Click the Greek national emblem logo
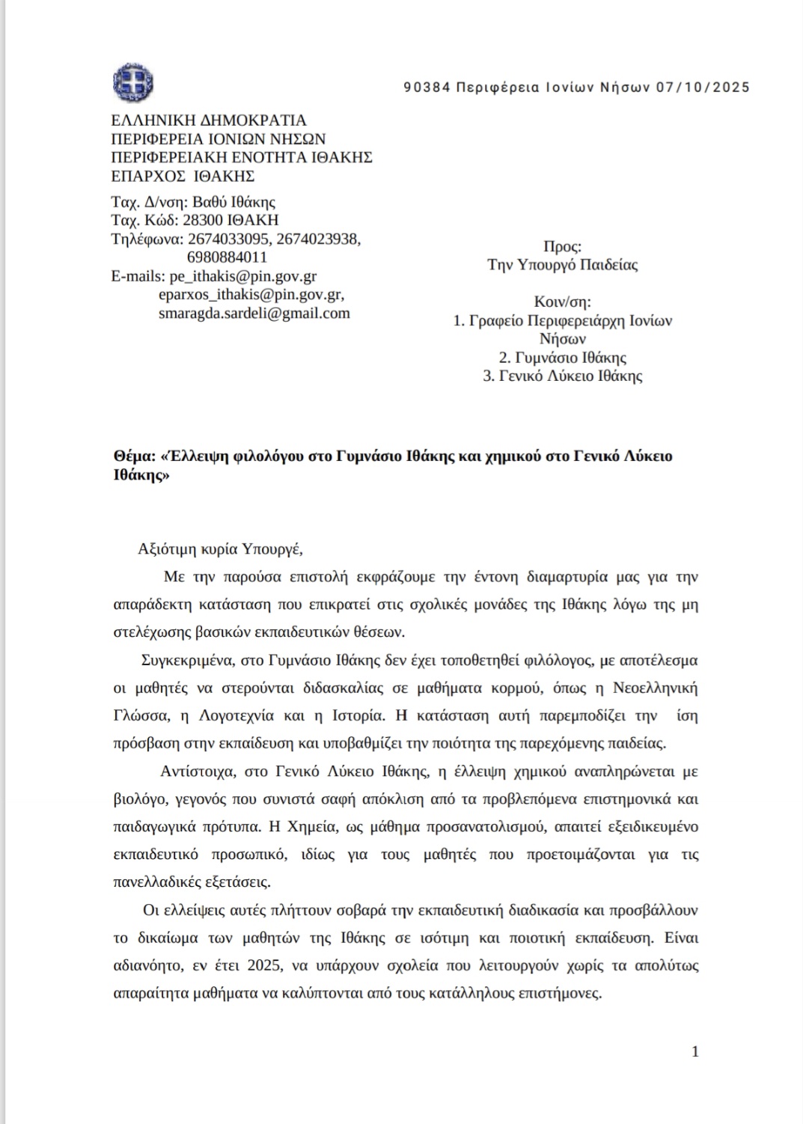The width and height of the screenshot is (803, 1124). (133, 82)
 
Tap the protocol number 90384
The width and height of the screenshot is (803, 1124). (427, 88)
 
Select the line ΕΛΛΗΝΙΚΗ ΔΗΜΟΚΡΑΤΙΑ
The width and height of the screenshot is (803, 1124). (209, 120)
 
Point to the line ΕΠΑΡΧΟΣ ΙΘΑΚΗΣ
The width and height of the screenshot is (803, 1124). (183, 177)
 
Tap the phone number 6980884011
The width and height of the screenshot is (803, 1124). (227, 257)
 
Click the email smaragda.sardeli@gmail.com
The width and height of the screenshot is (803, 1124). (254, 314)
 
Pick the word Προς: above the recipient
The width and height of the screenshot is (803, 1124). (562, 246)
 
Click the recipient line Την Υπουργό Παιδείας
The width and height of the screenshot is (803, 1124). (562, 265)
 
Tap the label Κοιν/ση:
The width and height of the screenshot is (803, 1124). (562, 302)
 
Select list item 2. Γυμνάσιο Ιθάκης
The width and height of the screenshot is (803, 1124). (562, 358)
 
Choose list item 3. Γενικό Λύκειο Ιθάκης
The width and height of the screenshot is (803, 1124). (562, 376)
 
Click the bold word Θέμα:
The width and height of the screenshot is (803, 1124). (133, 456)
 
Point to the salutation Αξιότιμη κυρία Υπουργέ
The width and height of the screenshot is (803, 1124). (220, 549)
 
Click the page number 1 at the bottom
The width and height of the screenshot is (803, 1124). (695, 1051)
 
